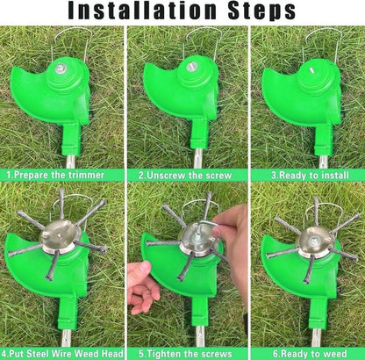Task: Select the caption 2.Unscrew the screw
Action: [182, 174]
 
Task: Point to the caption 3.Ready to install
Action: [306, 174]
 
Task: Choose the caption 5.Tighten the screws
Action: [182, 353]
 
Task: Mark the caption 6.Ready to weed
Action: [306, 353]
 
